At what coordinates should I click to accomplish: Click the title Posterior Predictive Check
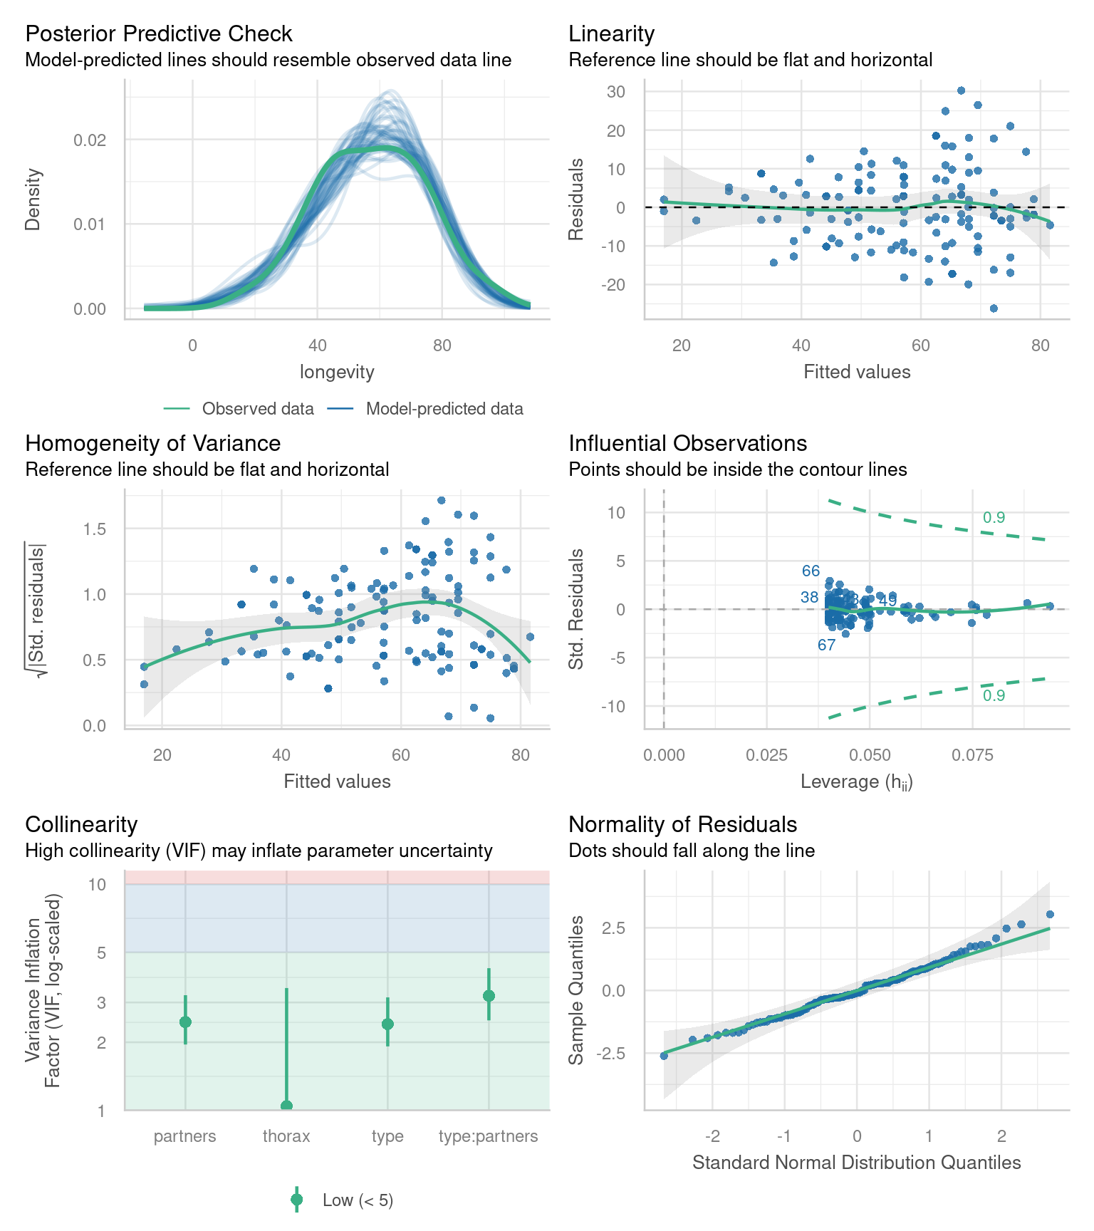(158, 33)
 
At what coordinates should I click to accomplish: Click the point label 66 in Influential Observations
(811, 571)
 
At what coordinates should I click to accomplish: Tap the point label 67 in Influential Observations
(826, 645)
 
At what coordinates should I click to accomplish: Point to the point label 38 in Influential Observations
(809, 598)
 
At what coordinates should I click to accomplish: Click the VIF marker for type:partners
(489, 995)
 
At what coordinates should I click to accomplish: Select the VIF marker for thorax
(286, 1106)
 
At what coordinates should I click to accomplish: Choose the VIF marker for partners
(185, 1022)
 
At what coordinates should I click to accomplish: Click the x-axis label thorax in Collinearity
(286, 1136)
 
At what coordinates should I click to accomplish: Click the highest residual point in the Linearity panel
(961, 90)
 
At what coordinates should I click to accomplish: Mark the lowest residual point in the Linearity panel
(994, 308)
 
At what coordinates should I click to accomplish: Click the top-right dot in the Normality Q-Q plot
(1050, 914)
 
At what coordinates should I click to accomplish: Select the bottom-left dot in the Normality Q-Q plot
(664, 1056)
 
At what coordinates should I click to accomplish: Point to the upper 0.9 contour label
(994, 518)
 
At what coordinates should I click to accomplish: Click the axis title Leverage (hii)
(856, 781)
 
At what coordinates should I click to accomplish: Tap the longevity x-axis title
(337, 372)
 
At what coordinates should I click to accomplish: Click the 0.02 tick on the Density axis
(90, 140)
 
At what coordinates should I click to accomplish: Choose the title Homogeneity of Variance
(152, 443)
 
